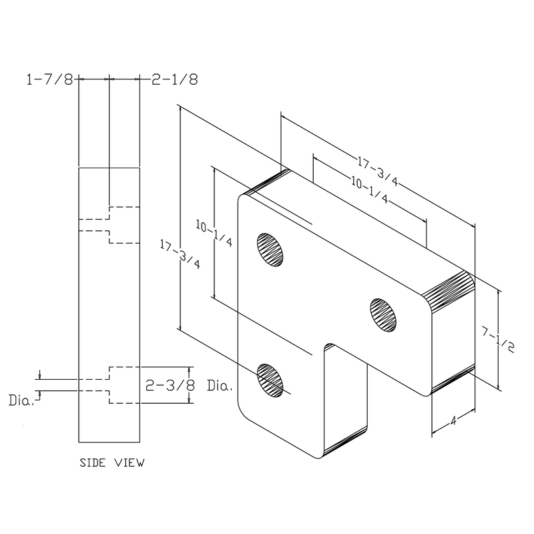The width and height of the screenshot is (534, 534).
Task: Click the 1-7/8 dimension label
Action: coord(49,79)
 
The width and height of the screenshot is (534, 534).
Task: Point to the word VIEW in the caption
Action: coord(128,462)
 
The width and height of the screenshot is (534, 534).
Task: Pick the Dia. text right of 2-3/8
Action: coord(219,386)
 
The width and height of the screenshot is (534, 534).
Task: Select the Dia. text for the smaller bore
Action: coord(21,401)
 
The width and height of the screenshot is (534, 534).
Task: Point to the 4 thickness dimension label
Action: coord(453,421)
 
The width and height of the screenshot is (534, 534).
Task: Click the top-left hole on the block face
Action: coord(270,249)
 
